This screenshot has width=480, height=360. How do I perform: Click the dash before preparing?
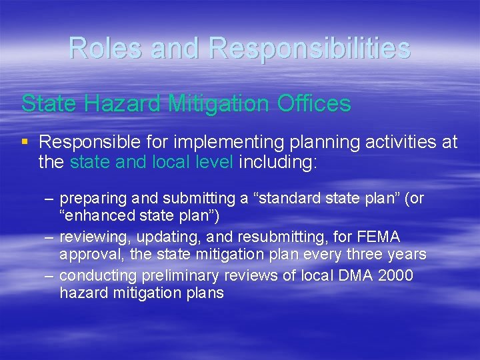pyautogui.click(x=49, y=199)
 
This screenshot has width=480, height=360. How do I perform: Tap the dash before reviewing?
pyautogui.click(x=49, y=237)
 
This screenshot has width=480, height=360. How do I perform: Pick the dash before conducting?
pyautogui.click(x=49, y=275)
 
